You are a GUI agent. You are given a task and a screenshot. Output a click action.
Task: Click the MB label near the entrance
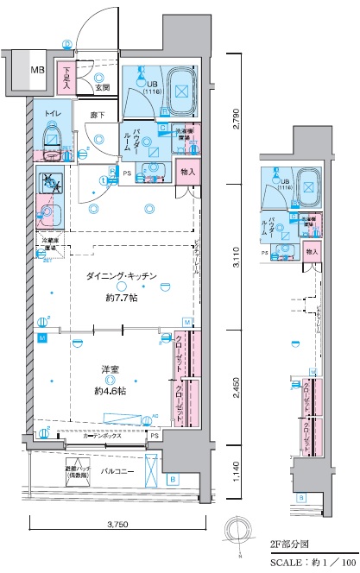(x=38, y=70)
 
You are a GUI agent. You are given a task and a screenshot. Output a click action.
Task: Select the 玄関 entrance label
(x=101, y=85)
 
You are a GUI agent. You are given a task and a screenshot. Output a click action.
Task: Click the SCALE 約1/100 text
(x=307, y=560)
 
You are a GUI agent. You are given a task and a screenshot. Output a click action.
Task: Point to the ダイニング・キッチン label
(x=120, y=276)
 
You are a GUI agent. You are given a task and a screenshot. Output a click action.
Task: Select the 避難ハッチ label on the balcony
(x=58, y=472)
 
